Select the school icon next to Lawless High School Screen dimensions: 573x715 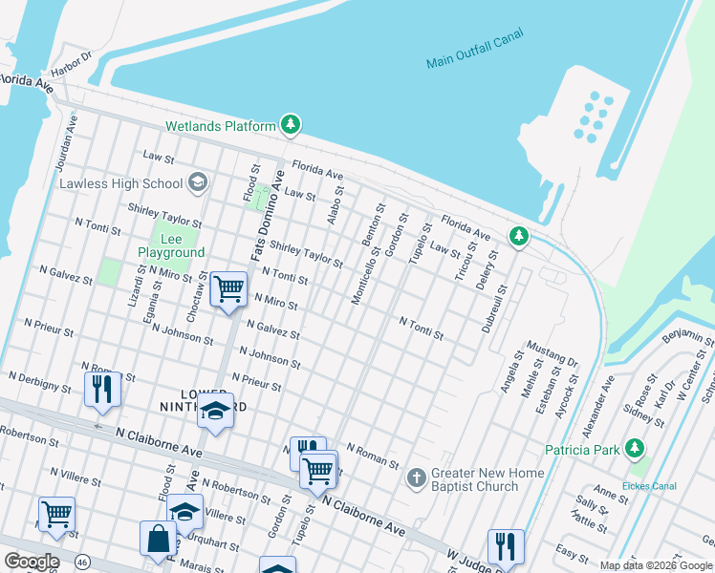click(198, 182)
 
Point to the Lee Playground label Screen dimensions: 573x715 click(171, 244)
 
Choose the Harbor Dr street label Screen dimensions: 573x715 click(72, 63)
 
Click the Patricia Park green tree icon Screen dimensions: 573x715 click(634, 448)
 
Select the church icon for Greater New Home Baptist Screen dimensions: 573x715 click(416, 477)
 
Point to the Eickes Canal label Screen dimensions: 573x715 click(651, 486)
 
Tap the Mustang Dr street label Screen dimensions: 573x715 click(552, 358)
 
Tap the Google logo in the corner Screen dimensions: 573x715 click(32, 562)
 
